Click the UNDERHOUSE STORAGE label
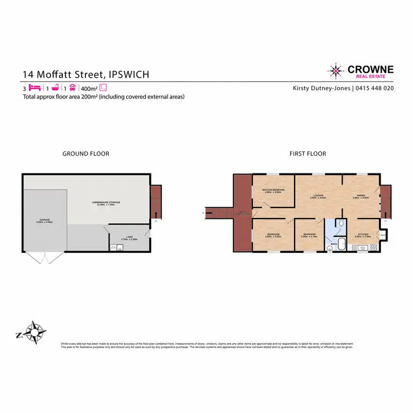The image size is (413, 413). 106,203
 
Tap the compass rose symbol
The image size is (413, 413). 36,333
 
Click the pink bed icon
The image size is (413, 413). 35,88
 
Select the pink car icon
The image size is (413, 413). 73,88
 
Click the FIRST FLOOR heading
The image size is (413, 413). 308,154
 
